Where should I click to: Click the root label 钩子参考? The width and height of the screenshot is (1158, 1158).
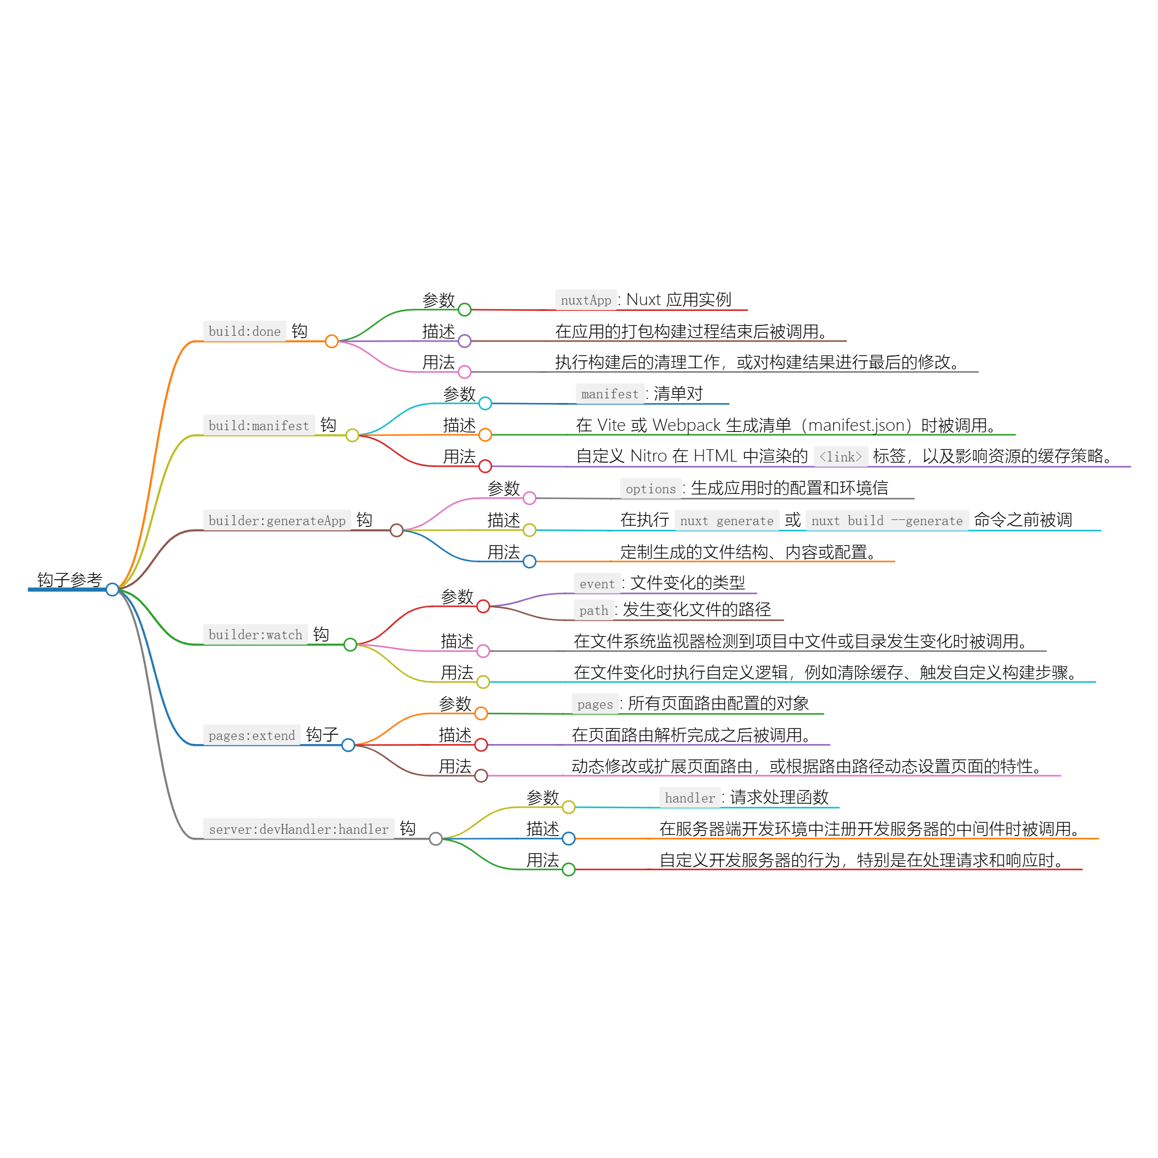pyautogui.click(x=69, y=580)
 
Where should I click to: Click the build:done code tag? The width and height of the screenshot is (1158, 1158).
pyautogui.click(x=244, y=331)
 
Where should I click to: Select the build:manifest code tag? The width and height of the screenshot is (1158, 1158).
pyautogui.click(x=258, y=426)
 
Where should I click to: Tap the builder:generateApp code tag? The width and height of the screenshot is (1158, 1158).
pyautogui.click(x=277, y=521)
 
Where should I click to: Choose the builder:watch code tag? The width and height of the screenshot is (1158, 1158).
pyautogui.click(x=255, y=634)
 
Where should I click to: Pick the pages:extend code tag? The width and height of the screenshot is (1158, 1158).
pyautogui.click(x=252, y=735)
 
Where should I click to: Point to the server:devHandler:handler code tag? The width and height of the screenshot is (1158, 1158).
pyautogui.click(x=299, y=829)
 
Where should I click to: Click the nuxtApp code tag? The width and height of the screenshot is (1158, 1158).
pyautogui.click(x=585, y=300)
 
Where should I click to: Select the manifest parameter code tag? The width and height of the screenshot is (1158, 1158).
pyautogui.click(x=610, y=394)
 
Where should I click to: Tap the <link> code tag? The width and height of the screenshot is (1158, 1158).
pyautogui.click(x=840, y=457)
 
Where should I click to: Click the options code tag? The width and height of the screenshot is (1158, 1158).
pyautogui.click(x=650, y=489)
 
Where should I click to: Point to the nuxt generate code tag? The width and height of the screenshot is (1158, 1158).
pyautogui.click(x=727, y=521)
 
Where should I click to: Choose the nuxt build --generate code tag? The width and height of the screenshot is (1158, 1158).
pyautogui.click(x=886, y=521)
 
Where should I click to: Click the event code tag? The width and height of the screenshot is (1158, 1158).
pyautogui.click(x=597, y=583)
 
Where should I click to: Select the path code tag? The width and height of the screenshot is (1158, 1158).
pyautogui.click(x=593, y=610)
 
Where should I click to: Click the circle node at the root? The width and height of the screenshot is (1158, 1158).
pyautogui.click(x=112, y=590)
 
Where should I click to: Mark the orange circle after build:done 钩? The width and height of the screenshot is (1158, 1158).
pyautogui.click(x=331, y=341)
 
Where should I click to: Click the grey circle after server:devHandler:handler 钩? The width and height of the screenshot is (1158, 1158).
pyautogui.click(x=436, y=838)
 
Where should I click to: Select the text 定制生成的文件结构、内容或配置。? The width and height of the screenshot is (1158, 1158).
pyautogui.click(x=749, y=552)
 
